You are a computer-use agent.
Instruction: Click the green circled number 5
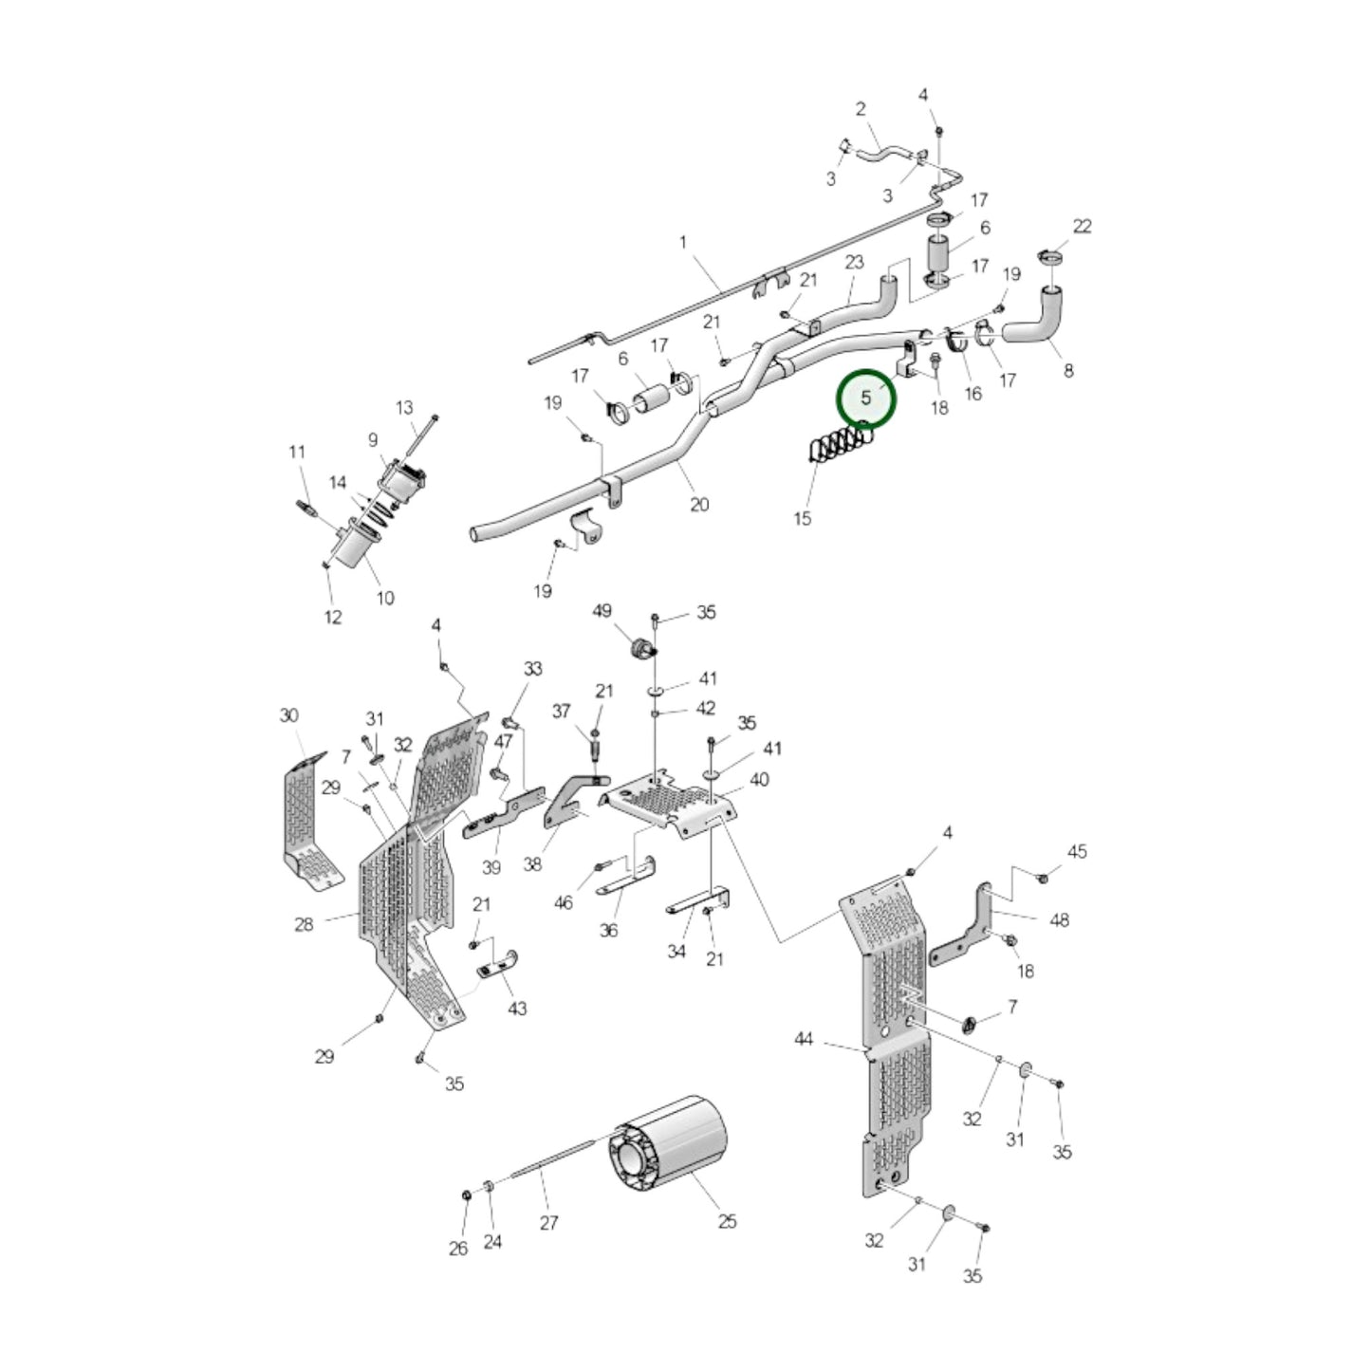865,398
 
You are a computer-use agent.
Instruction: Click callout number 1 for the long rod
683,243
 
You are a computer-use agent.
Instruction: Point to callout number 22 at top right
1082,226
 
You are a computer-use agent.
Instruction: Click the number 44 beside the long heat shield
804,1040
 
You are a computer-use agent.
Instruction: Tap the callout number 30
288,715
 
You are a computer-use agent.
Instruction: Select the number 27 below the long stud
549,1223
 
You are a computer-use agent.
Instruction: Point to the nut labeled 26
466,1194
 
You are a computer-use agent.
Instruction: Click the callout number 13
404,408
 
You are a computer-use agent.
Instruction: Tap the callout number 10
384,598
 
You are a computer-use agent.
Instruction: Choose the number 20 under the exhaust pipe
699,505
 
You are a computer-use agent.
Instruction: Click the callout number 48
1060,919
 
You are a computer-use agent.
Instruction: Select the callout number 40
759,780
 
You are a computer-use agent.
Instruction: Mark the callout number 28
304,923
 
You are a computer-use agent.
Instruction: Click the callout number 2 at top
861,109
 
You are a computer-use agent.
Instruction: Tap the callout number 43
517,1008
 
